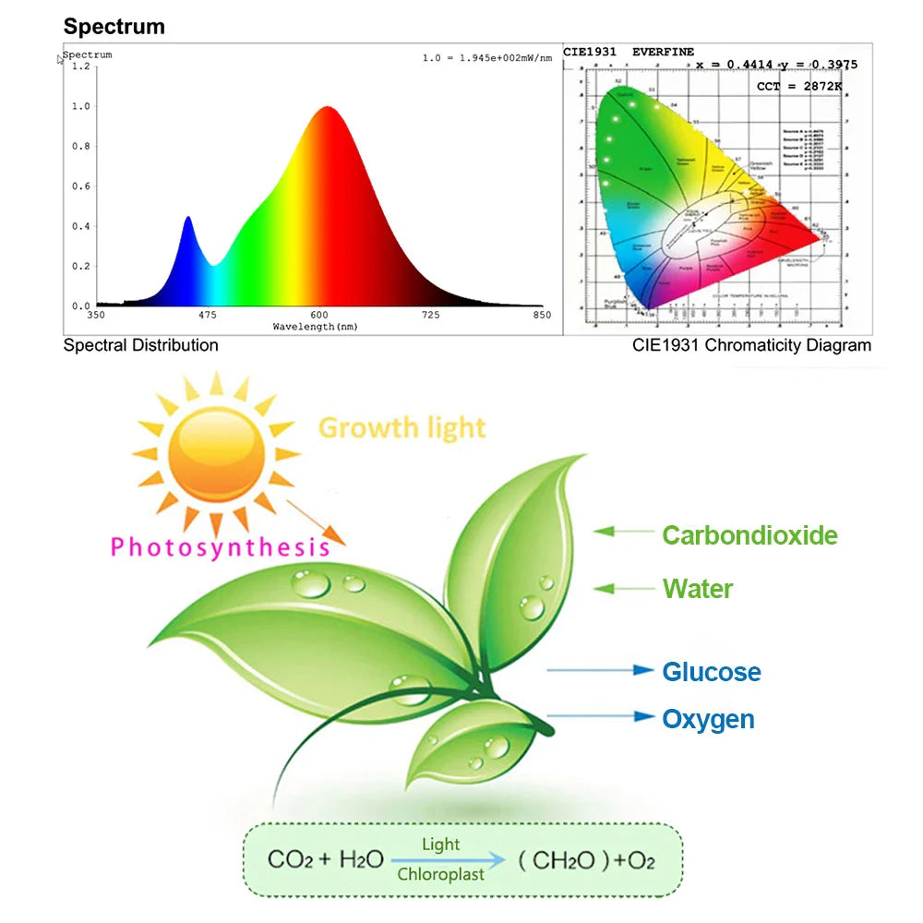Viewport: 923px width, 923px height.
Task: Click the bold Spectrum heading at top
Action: point(114,27)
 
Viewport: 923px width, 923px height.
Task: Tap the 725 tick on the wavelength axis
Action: point(430,316)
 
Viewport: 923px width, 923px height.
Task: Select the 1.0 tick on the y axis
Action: point(81,106)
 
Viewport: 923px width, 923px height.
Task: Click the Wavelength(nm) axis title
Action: point(315,327)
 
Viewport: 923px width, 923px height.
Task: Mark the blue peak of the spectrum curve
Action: point(188,219)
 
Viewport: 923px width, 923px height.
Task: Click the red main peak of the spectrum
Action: point(326,109)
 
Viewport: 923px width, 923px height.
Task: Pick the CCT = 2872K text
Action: point(799,86)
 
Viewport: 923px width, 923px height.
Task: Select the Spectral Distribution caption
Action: point(140,345)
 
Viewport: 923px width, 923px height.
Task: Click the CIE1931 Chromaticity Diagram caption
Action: point(751,345)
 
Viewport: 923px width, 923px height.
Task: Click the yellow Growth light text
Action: point(402,428)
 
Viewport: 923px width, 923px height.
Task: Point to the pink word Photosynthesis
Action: point(220,547)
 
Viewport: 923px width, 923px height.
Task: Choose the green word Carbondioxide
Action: point(749,535)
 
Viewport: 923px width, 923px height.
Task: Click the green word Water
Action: point(698,589)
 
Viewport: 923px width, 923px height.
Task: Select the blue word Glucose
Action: point(712,672)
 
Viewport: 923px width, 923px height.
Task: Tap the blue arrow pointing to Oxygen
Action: point(600,715)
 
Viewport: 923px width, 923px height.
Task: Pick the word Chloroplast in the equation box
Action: point(440,874)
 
